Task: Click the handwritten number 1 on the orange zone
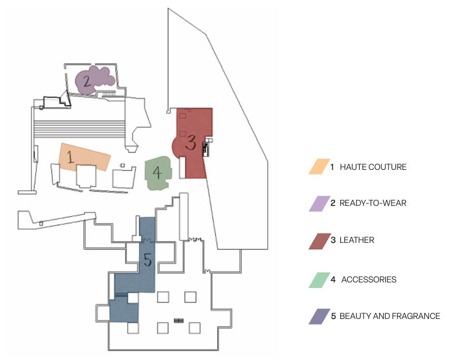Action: click(x=70, y=156)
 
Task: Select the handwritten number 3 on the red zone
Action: click(x=190, y=142)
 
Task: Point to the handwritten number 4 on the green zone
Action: click(x=157, y=173)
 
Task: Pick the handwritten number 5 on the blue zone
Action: click(x=147, y=260)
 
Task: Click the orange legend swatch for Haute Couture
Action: click(x=318, y=167)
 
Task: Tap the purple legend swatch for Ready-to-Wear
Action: click(x=318, y=203)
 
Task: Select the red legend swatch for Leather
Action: click(x=318, y=240)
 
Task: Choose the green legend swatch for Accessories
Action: click(x=318, y=280)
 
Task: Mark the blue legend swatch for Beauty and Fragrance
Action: click(x=318, y=316)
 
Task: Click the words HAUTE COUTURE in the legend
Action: click(x=373, y=167)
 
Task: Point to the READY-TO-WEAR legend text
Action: click(x=373, y=203)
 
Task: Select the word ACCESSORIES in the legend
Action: click(x=369, y=280)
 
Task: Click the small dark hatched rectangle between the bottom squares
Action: click(x=178, y=320)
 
